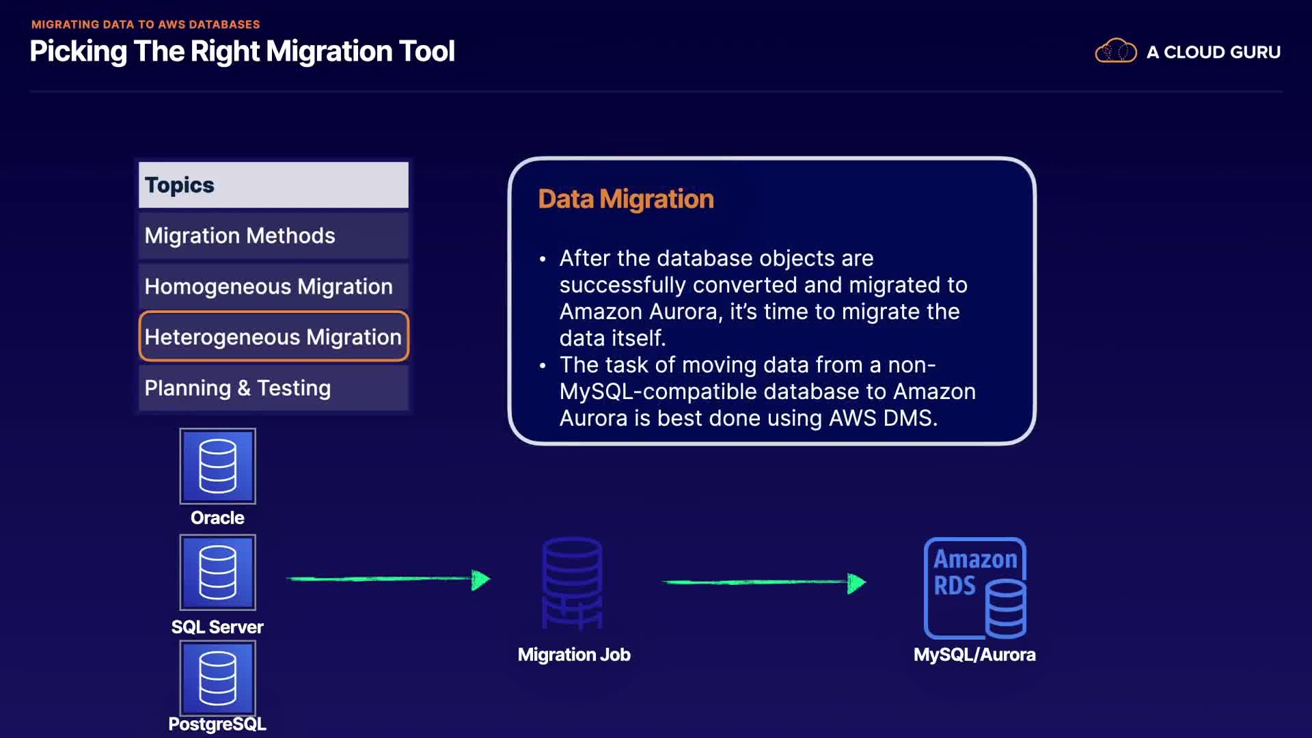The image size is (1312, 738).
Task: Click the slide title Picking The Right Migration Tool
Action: click(x=243, y=52)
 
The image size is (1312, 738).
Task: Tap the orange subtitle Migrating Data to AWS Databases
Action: click(x=146, y=25)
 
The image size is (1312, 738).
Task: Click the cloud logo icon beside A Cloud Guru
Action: click(x=1116, y=51)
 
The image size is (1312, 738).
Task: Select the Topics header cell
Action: click(x=273, y=184)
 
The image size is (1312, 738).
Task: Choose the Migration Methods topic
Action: click(x=273, y=236)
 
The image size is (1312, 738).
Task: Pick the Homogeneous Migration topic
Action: click(x=273, y=286)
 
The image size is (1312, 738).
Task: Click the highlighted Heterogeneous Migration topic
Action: click(x=273, y=336)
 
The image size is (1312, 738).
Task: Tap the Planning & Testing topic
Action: click(x=273, y=388)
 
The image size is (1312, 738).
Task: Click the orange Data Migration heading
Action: click(x=626, y=199)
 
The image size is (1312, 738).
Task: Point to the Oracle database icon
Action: click(x=217, y=466)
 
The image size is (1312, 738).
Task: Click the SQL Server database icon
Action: click(x=217, y=573)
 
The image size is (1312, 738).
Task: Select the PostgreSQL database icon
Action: click(x=217, y=678)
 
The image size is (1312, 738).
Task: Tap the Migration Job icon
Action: click(x=573, y=583)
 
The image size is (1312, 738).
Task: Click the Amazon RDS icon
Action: click(x=975, y=588)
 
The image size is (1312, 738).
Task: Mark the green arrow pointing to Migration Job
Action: click(x=388, y=579)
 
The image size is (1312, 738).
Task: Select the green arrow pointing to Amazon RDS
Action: click(x=764, y=582)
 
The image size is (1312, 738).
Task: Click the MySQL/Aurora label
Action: click(x=974, y=655)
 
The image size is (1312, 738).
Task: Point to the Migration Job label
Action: click(x=574, y=655)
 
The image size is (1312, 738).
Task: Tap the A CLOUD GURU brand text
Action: click(x=1214, y=52)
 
